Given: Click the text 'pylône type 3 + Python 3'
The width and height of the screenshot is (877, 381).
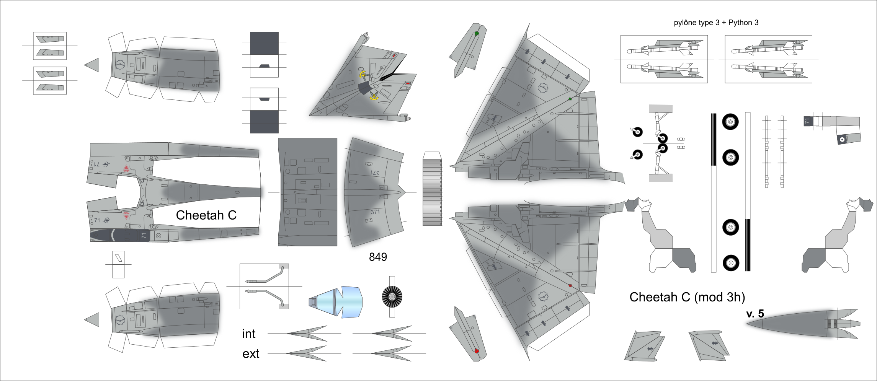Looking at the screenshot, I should [716, 23].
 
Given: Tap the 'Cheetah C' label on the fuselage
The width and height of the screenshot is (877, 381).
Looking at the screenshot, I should [206, 215].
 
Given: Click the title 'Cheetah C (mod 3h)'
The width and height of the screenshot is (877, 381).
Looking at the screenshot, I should [687, 297].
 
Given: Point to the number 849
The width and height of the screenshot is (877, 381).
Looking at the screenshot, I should [378, 257].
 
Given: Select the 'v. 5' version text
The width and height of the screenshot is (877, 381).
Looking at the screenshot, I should [755, 314].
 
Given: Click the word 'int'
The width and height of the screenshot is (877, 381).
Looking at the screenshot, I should [248, 334].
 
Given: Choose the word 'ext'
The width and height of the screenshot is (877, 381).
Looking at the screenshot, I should [251, 354].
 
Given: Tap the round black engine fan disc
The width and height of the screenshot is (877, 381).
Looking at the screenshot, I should [392, 297].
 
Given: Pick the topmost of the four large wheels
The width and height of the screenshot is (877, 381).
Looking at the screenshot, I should [730, 122].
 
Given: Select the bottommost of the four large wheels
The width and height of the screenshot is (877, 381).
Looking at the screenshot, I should [730, 263].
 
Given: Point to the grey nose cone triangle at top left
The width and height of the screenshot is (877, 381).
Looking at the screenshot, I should [93, 65].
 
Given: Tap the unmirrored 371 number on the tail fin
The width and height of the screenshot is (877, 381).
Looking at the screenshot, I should [375, 212].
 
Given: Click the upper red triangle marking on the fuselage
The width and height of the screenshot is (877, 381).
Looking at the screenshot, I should [126, 168].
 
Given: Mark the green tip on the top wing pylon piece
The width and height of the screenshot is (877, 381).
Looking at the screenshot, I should [477, 34].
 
